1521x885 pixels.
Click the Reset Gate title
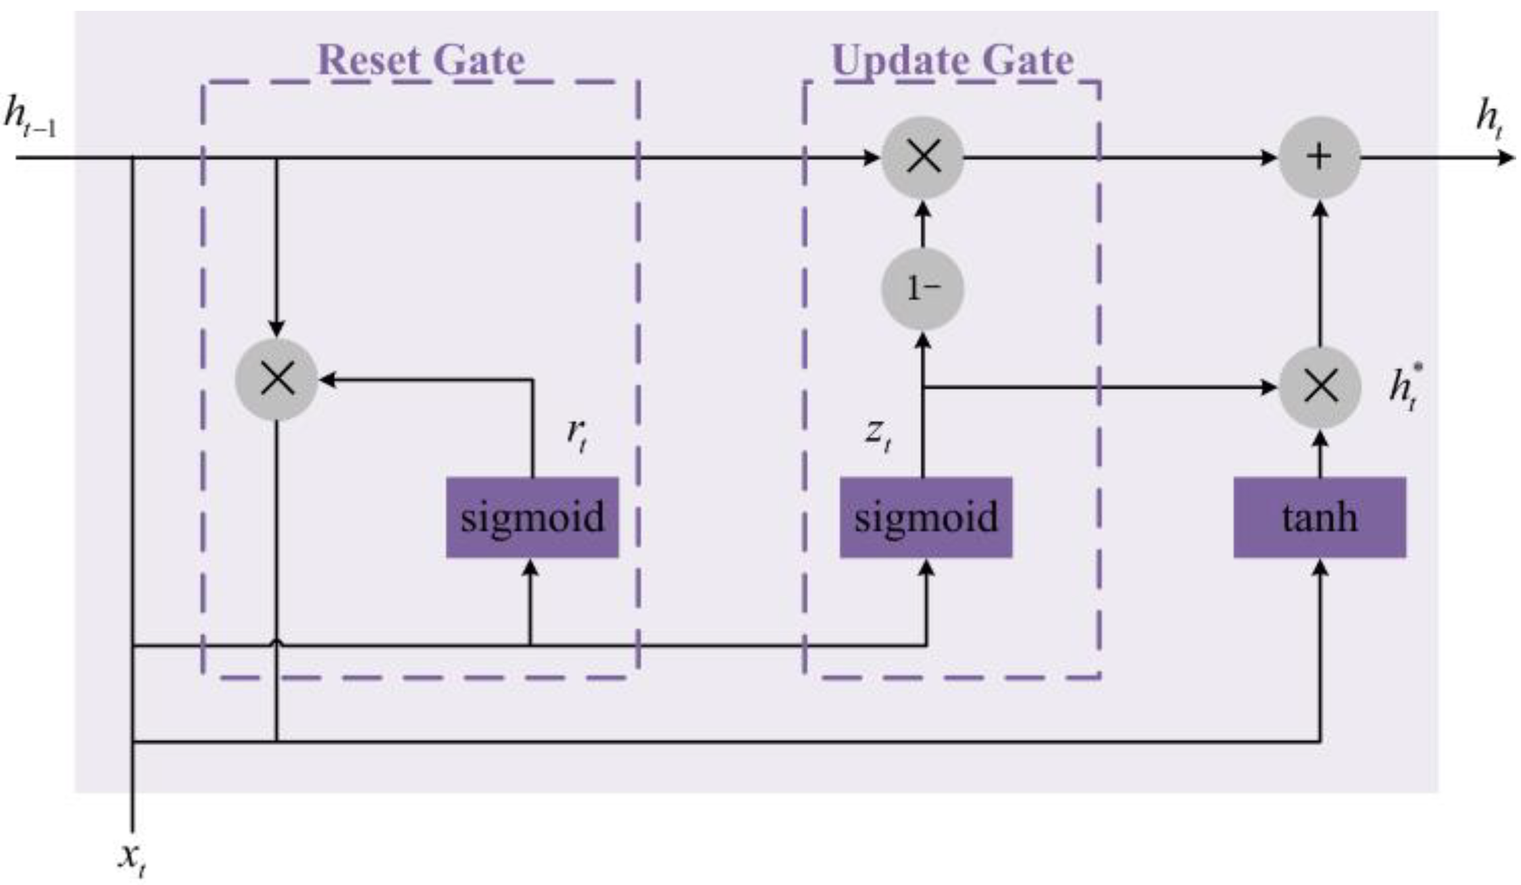point(420,60)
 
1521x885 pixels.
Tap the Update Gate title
point(952,60)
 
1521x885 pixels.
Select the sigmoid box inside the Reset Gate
point(532,517)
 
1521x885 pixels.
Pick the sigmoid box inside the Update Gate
point(926,517)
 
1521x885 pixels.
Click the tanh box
point(1320,517)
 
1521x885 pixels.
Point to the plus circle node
point(1319,157)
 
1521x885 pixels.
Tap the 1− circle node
point(922,289)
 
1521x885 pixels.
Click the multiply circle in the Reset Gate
point(276,380)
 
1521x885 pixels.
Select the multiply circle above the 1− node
point(922,157)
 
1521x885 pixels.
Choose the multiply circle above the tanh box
point(1320,388)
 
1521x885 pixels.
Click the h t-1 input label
point(30,116)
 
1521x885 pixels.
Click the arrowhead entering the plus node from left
point(1269,158)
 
